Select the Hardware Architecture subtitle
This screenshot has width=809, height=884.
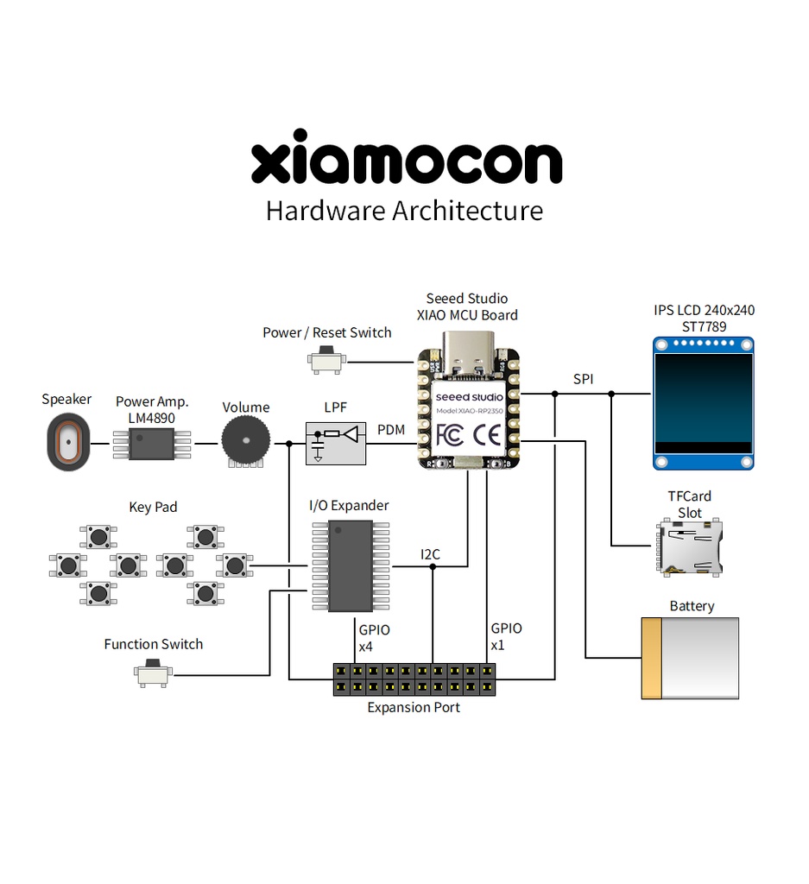pos(404,211)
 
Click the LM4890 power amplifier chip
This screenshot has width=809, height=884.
pos(152,444)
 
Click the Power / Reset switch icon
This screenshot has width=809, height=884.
pos(327,361)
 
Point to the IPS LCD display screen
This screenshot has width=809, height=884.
pos(703,402)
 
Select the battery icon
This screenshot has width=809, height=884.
pos(690,658)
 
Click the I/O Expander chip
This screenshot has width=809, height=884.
pos(351,566)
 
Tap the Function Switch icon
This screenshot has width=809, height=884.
pos(154,673)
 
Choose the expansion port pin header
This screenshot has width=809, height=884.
pos(415,679)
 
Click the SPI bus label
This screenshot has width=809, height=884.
pos(583,379)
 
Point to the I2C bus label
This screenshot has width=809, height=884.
pos(430,554)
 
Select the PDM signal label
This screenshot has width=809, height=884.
pos(391,429)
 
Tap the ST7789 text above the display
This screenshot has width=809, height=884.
pos(704,326)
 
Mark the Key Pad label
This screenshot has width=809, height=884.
pos(153,507)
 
